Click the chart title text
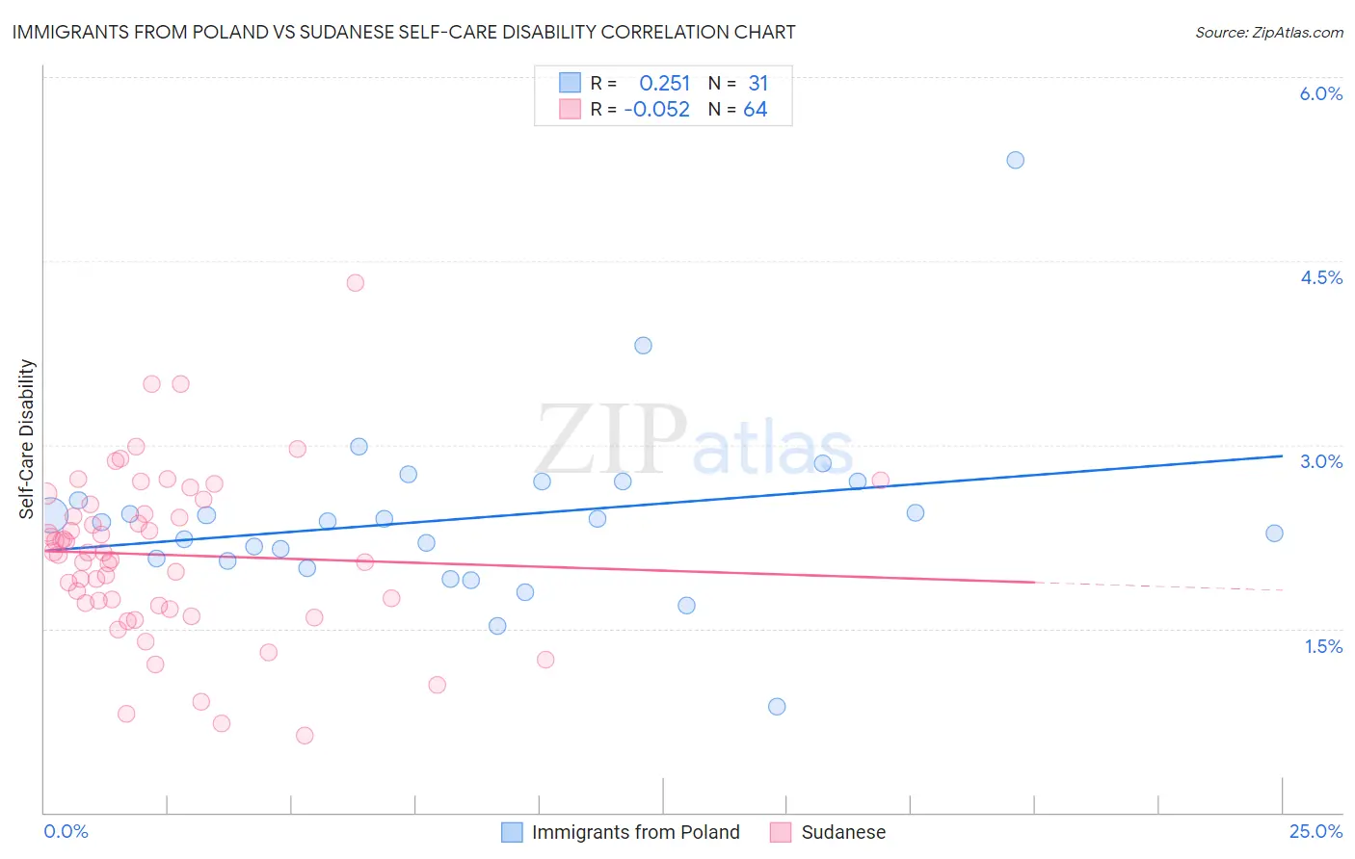pyautogui.click(x=404, y=32)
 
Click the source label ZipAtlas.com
pyautogui.click(x=1268, y=32)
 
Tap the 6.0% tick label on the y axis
pyautogui.click(x=1320, y=93)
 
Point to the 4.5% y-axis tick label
pyautogui.click(x=1320, y=277)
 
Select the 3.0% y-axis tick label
pyautogui.click(x=1320, y=461)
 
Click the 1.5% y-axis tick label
pyautogui.click(x=1323, y=646)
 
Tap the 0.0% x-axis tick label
pyautogui.click(x=66, y=831)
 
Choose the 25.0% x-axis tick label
pyautogui.click(x=1315, y=831)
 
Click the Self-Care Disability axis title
pyautogui.click(x=27, y=439)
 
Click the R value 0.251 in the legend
pyautogui.click(x=665, y=84)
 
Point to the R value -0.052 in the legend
pyautogui.click(x=657, y=110)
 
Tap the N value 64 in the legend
pyautogui.click(x=756, y=110)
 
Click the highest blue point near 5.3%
pyautogui.click(x=1015, y=160)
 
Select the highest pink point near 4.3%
pyautogui.click(x=355, y=282)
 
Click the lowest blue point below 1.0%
pyautogui.click(x=777, y=706)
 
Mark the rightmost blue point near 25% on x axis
pyautogui.click(x=1274, y=533)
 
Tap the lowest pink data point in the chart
pyautogui.click(x=305, y=735)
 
